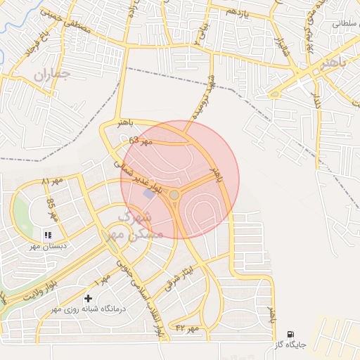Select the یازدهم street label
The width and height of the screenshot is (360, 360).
click(x=238, y=13)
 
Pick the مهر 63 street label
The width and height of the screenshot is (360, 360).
click(x=140, y=141)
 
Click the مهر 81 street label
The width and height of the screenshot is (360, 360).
click(x=53, y=182)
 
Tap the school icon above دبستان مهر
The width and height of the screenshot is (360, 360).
click(x=48, y=235)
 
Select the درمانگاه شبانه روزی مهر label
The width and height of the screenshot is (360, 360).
click(x=74, y=309)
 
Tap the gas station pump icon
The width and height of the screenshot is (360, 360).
click(x=290, y=335)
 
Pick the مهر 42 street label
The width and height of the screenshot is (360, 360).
click(x=188, y=328)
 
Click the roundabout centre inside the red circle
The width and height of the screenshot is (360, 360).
click(x=174, y=194)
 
